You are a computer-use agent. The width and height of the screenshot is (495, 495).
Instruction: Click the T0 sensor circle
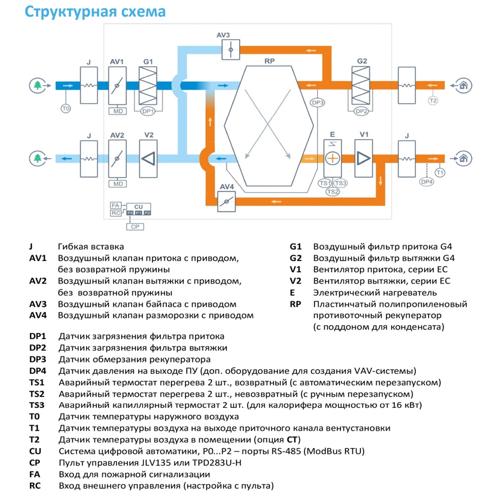[66, 108]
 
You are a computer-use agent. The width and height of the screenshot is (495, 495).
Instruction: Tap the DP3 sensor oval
[318, 102]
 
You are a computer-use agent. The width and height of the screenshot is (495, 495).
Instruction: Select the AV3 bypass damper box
[231, 49]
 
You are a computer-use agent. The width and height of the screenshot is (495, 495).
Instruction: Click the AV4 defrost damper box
[227, 201]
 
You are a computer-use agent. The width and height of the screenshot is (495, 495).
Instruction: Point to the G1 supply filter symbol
[148, 86]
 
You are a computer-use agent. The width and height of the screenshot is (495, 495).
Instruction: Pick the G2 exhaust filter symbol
[361, 85]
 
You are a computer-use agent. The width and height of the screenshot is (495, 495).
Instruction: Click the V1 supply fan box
[364, 158]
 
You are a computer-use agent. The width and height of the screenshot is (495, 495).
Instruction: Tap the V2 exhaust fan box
[148, 159]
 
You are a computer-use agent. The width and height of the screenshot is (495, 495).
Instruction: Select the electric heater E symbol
[333, 158]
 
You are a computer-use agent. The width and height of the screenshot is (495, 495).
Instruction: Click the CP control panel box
[135, 227]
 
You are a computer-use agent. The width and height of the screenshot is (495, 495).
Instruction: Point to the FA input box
[115, 205]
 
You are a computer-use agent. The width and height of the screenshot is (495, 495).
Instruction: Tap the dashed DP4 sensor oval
[427, 182]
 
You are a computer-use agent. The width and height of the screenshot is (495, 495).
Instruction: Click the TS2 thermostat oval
[333, 192]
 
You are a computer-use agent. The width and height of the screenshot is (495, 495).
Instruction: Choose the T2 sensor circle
[433, 100]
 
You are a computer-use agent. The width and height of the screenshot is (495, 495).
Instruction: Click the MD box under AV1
[118, 111]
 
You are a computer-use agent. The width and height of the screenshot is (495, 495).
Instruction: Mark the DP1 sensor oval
[148, 111]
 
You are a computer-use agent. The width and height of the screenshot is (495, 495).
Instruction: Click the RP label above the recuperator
[270, 61]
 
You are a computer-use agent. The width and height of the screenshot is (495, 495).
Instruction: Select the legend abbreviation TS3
[37, 405]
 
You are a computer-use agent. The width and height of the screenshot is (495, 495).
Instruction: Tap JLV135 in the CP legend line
[159, 463]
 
